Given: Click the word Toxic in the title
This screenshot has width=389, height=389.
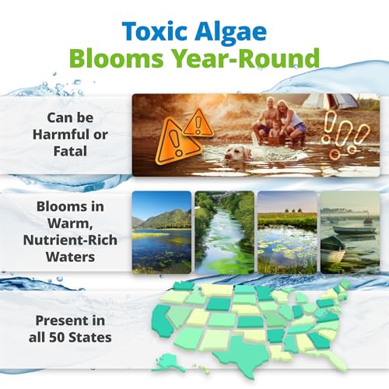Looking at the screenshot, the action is tap(154, 31).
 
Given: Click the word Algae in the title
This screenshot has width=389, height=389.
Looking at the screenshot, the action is tap(230, 33).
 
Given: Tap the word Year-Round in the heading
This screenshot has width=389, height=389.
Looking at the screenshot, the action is tap(246, 58).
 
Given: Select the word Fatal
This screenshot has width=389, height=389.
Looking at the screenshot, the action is tap(70, 151).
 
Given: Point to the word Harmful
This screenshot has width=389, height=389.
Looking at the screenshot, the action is tap(58, 135).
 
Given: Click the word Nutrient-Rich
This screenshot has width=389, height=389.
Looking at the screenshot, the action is tap(70, 240).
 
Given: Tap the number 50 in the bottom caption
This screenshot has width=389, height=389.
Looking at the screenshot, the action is tap(57, 338).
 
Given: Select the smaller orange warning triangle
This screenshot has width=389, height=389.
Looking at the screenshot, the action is tap(198, 123).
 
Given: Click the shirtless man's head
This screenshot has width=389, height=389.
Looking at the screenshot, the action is tap(271, 103).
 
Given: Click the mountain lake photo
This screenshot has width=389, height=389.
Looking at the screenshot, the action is tap(162, 233).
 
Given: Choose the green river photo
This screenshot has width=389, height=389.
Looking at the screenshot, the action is tap(224, 233).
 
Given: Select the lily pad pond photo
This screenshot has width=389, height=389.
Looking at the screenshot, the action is tap(287, 233).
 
